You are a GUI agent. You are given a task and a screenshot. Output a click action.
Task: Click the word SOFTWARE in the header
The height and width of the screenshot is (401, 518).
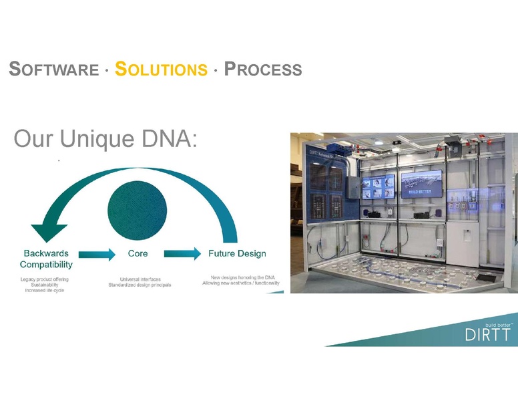[54, 69]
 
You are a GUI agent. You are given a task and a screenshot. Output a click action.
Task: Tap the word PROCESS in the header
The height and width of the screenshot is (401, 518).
[263, 69]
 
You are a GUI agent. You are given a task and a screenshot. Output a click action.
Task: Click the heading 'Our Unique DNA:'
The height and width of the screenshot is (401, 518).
[105, 139]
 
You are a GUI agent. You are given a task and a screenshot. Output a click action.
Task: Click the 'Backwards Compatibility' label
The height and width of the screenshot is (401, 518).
[46, 259]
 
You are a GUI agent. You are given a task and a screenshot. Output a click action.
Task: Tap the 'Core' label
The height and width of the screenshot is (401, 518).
[138, 253]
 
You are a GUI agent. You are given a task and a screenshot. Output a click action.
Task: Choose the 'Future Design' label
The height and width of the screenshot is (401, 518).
[237, 253]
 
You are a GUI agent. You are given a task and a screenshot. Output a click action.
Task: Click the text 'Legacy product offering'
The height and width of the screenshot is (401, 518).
[45, 279]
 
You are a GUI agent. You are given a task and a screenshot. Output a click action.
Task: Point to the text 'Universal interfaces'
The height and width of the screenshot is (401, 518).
[140, 279]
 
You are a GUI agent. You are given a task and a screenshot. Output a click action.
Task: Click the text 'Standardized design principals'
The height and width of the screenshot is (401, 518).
[140, 285]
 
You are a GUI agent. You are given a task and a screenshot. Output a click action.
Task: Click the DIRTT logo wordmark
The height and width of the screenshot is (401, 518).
[487, 335]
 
